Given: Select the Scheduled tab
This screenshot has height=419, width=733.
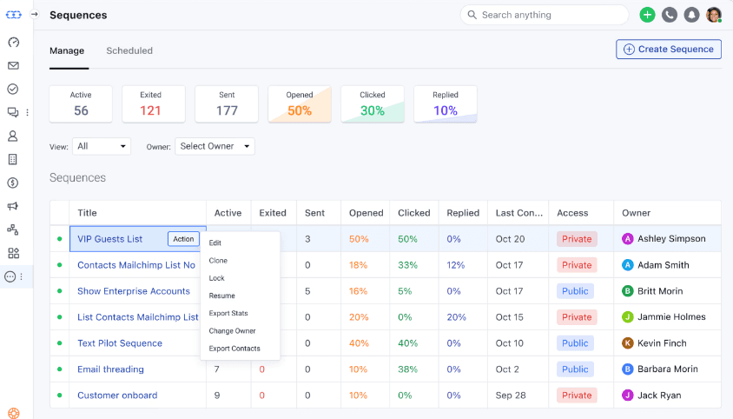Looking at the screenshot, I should click(129, 50).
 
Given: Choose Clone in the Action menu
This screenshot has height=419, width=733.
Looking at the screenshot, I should click(218, 261).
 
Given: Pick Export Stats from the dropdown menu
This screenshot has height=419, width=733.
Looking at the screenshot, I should click(228, 313).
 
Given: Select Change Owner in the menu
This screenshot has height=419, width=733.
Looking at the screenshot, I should click(232, 331).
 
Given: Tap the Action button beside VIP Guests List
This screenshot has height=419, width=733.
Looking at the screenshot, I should click(183, 239).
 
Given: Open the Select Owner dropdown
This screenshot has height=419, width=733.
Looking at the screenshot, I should click(215, 146).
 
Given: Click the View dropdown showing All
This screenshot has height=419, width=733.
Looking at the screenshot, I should click(102, 146).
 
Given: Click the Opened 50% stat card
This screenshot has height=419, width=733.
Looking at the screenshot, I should click(300, 103).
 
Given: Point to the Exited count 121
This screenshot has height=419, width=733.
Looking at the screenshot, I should click(150, 110).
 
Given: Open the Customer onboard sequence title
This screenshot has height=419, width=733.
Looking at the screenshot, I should click(117, 396).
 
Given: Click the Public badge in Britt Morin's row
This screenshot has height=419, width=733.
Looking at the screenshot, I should click(575, 291).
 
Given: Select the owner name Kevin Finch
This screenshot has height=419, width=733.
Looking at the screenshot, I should click(662, 343).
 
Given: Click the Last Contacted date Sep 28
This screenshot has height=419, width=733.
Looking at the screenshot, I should click(511, 396).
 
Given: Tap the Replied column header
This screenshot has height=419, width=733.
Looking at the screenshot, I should click(463, 213).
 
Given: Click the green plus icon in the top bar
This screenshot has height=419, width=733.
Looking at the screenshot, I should click(647, 15).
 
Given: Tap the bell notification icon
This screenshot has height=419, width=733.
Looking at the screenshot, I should click(692, 15).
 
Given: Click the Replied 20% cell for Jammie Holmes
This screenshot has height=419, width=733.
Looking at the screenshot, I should click(457, 317).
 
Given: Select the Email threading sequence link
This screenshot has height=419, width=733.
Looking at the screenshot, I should click(110, 369).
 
